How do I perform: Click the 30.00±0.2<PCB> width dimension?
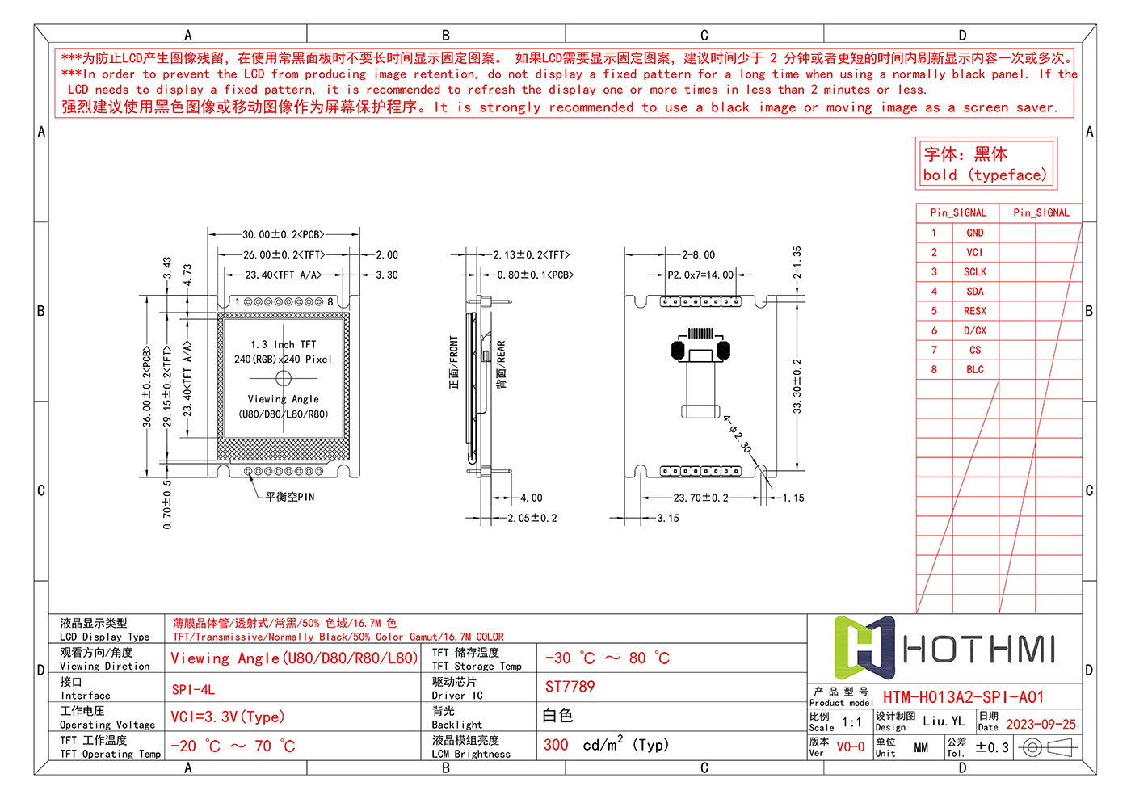tap(283, 234)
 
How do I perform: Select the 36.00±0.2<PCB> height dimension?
tap(147, 387)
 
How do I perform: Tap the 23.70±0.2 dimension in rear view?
tap(700, 498)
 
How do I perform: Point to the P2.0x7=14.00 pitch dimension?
tap(700, 275)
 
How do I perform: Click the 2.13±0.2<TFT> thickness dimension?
tap(531, 254)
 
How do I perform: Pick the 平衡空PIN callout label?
tap(290, 497)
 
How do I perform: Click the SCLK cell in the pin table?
tap(975, 272)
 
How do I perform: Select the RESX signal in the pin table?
tap(975, 311)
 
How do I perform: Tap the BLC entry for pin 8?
tap(975, 369)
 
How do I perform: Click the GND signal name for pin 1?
tap(975, 233)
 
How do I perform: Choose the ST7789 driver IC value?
tap(570, 687)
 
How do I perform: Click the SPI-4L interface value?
tap(193, 689)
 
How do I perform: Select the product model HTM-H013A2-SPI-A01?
tap(963, 696)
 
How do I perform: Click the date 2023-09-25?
tap(1041, 724)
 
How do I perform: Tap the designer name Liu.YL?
tap(944, 721)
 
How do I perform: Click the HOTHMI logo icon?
tap(864, 647)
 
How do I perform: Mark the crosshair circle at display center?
tap(284, 377)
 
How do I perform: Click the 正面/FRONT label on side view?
tap(454, 363)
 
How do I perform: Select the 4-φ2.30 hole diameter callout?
tap(737, 434)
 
